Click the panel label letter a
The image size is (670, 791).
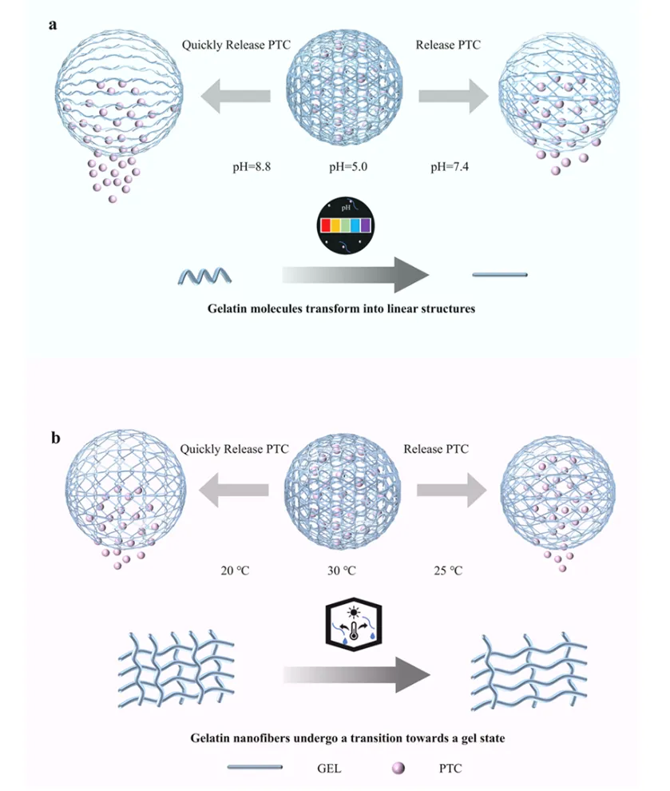[53, 25]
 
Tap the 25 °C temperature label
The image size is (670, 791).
[442, 571]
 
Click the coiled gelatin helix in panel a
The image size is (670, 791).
[206, 276]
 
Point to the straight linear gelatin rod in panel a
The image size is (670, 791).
[499, 276]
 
